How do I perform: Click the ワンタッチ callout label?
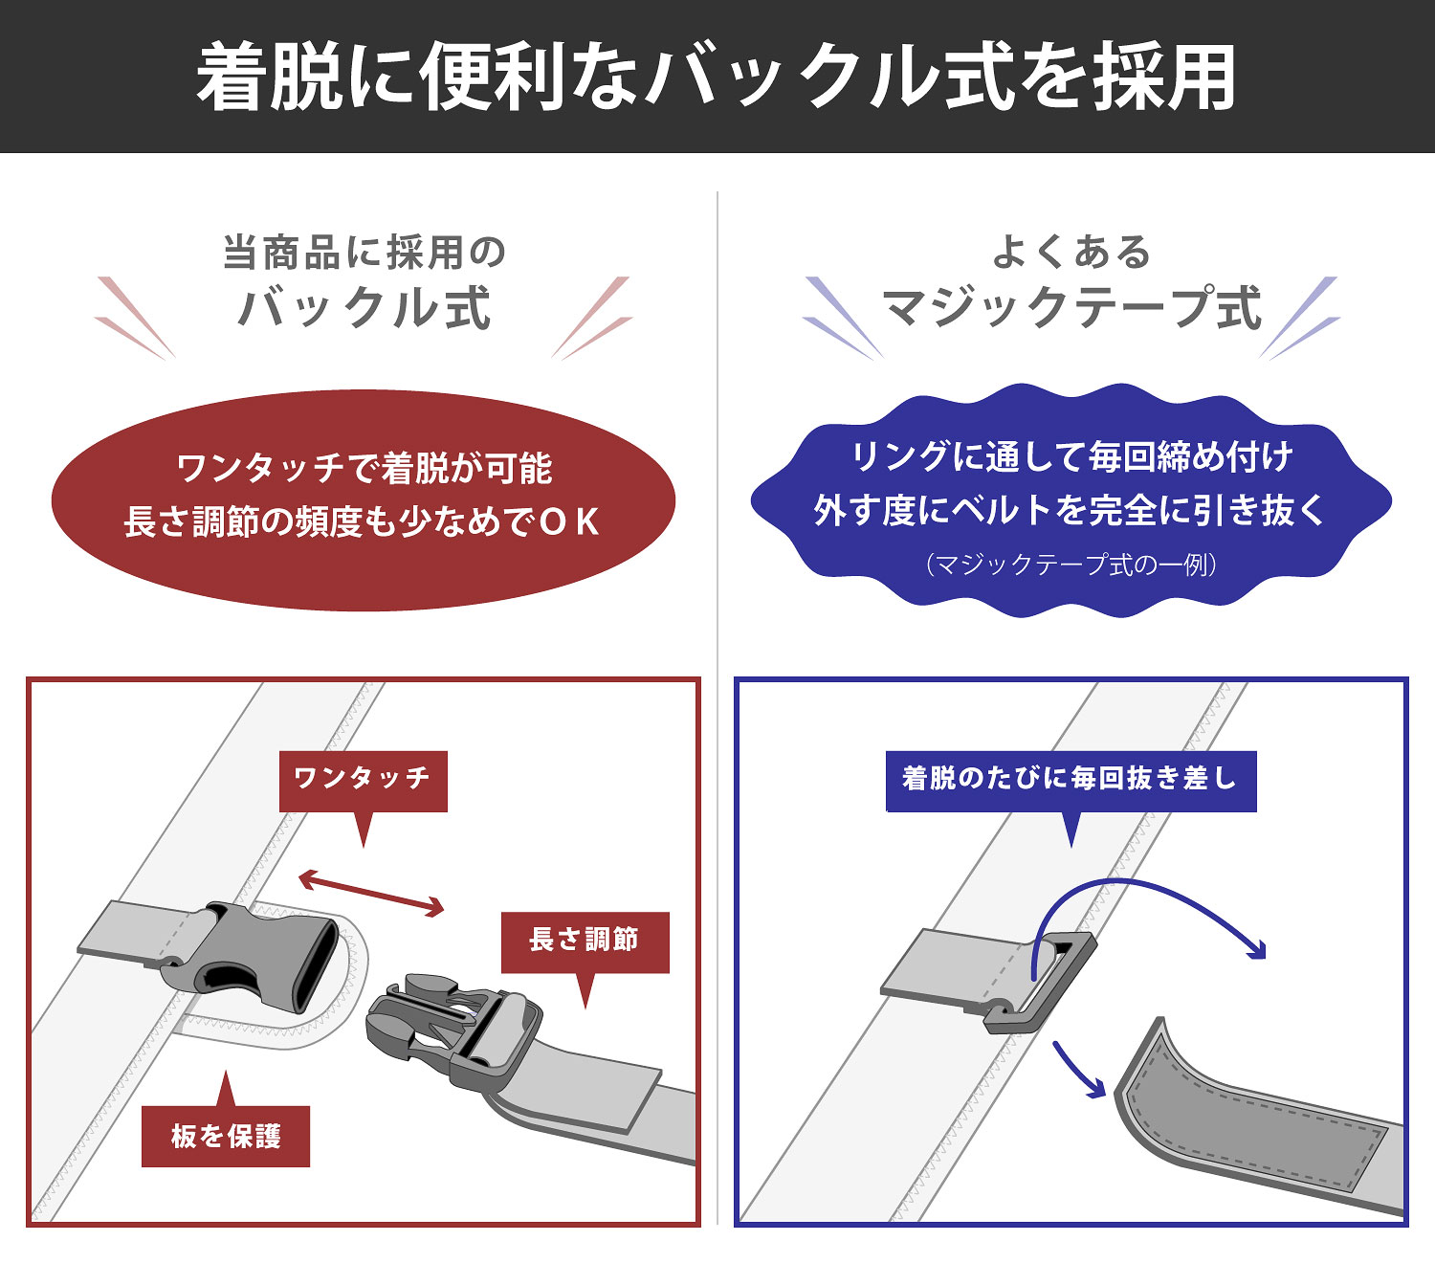(x=363, y=781)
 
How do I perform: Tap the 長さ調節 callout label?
(x=585, y=942)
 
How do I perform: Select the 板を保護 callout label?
(x=226, y=1136)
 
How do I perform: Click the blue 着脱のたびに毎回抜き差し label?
(x=1071, y=781)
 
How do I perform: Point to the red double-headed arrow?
(x=371, y=894)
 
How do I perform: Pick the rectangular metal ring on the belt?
(x=1041, y=982)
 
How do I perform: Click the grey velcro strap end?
(x=1253, y=1126)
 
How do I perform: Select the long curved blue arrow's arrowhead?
(x=1256, y=949)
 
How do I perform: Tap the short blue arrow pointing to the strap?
(x=1079, y=1071)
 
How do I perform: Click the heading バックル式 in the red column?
(x=364, y=308)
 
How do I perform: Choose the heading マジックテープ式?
(x=1071, y=308)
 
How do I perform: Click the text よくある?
(x=1071, y=252)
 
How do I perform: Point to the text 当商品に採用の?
(x=364, y=253)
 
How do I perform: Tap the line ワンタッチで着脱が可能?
(x=364, y=469)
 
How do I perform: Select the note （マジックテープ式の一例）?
(x=1071, y=565)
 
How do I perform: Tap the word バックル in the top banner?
(x=795, y=77)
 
